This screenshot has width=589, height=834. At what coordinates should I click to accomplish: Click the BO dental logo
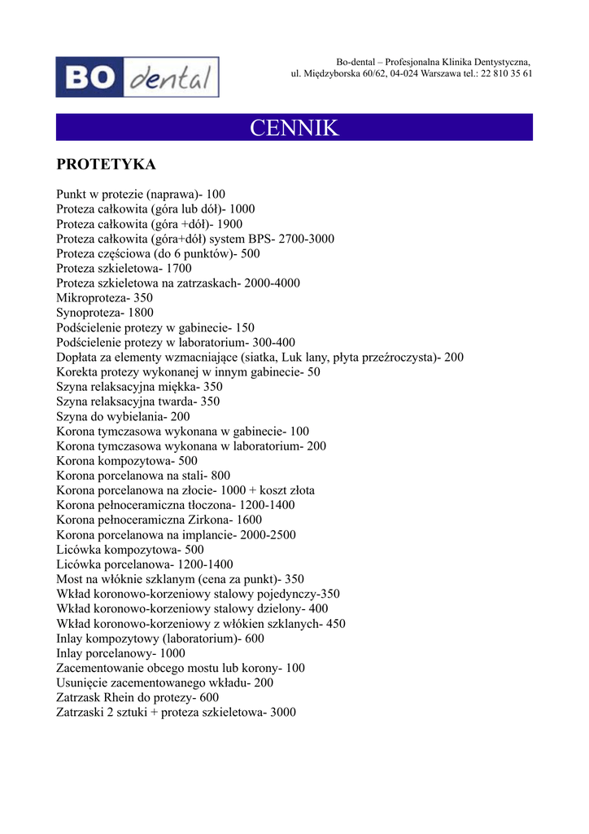pos(137,77)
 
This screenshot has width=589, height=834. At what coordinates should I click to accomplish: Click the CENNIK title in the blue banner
pos(294,128)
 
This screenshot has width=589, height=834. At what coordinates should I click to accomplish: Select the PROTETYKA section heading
pos(106,165)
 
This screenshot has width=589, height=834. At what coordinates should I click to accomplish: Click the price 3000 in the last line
pos(283,713)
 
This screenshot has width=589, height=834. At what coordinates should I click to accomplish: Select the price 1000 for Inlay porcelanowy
pos(172,653)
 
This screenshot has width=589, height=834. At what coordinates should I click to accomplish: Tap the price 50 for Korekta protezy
pos(313,372)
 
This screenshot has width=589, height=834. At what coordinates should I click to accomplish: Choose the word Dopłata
pos(78,358)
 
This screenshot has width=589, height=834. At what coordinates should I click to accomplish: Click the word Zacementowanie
pos(101,668)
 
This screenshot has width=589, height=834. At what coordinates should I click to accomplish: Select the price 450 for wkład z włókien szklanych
pos(336,624)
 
